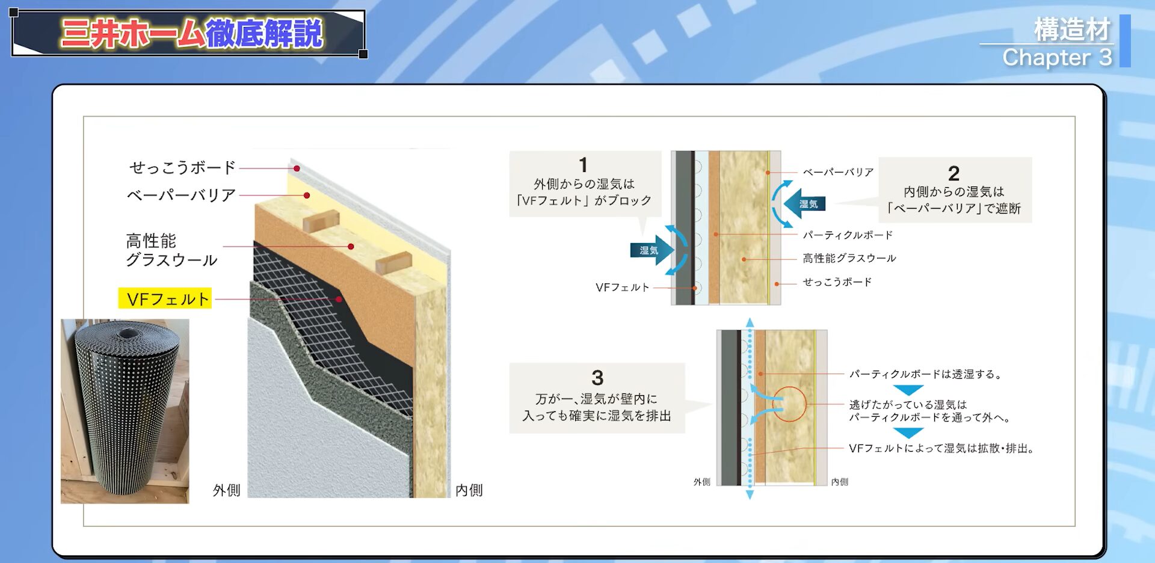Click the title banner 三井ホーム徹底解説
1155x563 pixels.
[x=191, y=34]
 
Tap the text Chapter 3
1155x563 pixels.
[x=1056, y=58]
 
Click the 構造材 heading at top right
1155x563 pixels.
[x=1072, y=29]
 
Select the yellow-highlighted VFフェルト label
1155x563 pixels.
[x=165, y=299]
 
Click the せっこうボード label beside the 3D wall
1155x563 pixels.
[x=182, y=167]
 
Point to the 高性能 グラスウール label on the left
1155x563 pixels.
[x=171, y=250]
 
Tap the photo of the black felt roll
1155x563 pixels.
[x=125, y=411]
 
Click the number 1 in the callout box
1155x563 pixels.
[x=583, y=165]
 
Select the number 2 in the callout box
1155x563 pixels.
[x=953, y=173]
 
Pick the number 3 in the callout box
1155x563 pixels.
[x=597, y=378]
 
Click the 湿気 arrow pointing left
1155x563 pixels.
[x=805, y=204]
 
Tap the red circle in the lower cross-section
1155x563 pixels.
[x=789, y=404]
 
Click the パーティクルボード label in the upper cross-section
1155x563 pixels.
[x=847, y=235]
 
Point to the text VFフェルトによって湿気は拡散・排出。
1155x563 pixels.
[x=941, y=448]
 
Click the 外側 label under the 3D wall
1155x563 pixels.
[x=226, y=490]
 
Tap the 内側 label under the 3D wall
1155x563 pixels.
[x=469, y=490]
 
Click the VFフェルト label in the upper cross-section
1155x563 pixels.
[x=622, y=288]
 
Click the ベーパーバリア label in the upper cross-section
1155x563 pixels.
[x=838, y=172]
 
